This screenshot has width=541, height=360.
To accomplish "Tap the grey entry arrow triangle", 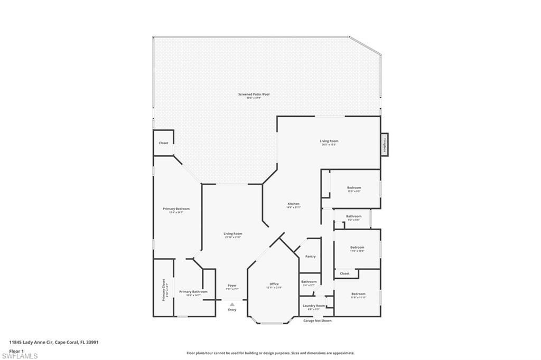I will (x=232, y=304).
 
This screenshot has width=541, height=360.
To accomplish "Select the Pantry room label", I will (x=311, y=257).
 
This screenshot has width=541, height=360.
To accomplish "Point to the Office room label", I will (x=274, y=284).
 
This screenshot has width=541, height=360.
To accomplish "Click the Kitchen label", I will (x=293, y=204).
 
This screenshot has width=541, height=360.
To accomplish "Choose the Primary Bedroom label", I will (x=175, y=209).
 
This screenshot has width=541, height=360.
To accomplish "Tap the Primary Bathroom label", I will (x=193, y=292).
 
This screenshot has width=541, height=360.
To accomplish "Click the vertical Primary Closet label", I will (x=164, y=290).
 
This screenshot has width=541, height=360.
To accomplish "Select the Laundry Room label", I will (x=313, y=306).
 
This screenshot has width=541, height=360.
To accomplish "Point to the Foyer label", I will (x=232, y=286).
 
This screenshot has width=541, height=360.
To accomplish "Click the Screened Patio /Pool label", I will (x=254, y=94).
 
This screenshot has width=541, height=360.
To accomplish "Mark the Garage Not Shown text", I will (x=318, y=320).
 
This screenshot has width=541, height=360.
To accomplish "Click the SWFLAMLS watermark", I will (x=20, y=356).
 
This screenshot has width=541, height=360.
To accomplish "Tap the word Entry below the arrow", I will (x=232, y=310).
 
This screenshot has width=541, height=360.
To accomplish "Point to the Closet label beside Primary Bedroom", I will (x=164, y=143).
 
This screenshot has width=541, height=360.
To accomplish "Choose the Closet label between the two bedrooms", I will (x=344, y=273).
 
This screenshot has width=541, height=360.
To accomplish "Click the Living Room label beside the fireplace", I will (x=329, y=141).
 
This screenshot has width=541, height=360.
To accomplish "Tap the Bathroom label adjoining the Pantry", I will (x=309, y=282).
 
